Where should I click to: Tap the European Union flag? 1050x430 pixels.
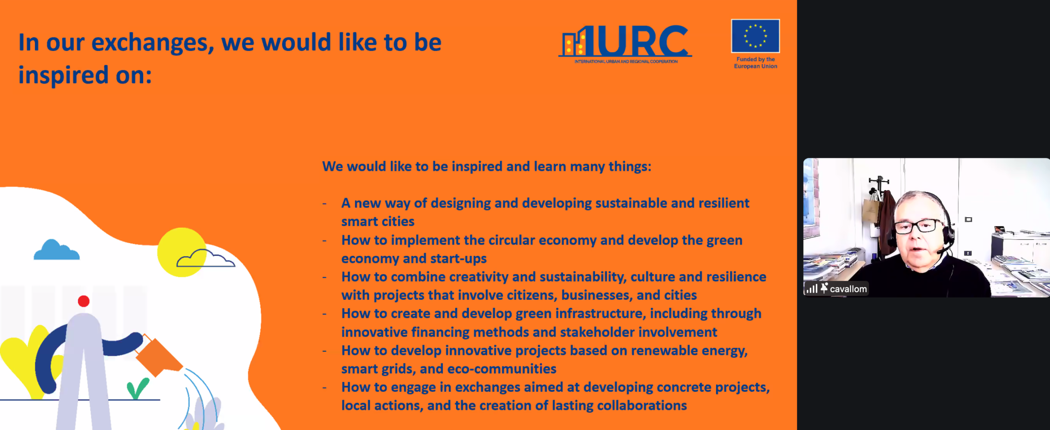point(756,36)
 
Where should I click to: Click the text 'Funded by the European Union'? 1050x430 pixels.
point(756,63)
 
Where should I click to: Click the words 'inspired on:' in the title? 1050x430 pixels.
point(85,75)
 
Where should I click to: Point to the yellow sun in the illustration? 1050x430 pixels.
point(182,252)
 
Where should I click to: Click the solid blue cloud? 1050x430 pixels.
point(57,250)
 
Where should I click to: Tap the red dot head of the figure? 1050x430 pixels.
point(84,301)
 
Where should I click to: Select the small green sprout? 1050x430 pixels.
point(137,388)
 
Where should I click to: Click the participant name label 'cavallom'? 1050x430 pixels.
point(848,289)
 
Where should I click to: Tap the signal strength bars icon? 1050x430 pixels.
point(812,289)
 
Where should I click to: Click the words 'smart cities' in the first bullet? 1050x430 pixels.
point(378,222)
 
